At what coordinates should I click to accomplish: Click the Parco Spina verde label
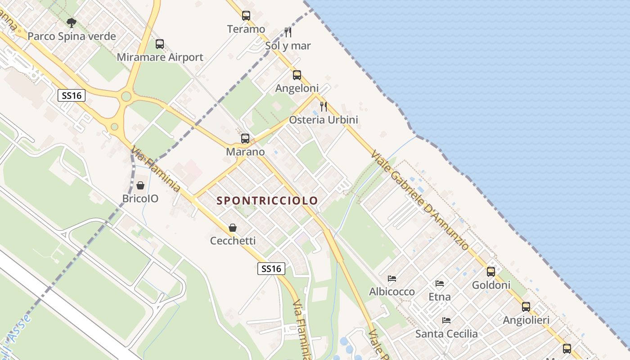click(x=72, y=36)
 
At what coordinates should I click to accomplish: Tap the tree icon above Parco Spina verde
click(x=71, y=22)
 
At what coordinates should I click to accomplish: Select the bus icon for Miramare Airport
click(x=160, y=44)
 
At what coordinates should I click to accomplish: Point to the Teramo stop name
click(x=246, y=29)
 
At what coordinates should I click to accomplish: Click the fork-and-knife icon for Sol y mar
click(x=288, y=32)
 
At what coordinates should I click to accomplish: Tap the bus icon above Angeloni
click(x=297, y=75)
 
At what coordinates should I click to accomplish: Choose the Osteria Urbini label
click(x=324, y=120)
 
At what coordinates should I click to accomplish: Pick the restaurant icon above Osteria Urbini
click(x=324, y=107)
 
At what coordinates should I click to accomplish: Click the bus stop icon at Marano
click(x=245, y=139)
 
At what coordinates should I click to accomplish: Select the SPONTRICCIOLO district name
click(x=267, y=201)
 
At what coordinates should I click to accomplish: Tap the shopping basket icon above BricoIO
click(x=140, y=185)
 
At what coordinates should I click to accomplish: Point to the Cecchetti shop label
click(x=233, y=241)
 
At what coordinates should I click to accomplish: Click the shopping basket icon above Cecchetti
click(x=233, y=228)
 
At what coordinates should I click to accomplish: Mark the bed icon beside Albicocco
click(x=392, y=279)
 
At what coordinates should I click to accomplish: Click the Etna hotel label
click(x=440, y=297)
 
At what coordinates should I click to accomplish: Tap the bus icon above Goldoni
click(x=491, y=272)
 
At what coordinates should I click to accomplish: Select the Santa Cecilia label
click(x=446, y=334)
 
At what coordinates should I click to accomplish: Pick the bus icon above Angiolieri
click(x=526, y=307)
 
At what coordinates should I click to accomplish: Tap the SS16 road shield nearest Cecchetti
click(x=272, y=269)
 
